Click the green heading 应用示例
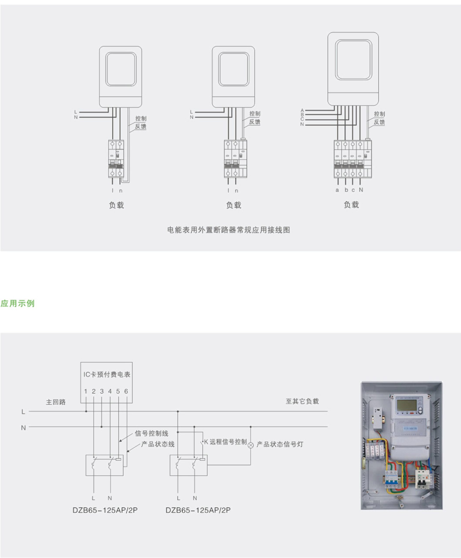[x=17, y=304]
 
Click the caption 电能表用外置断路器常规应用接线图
[x=228, y=230]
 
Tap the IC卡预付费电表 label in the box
[x=107, y=374]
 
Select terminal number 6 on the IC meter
[x=126, y=391]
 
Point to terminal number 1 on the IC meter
[x=86, y=391]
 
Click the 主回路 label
[x=56, y=402]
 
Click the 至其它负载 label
[x=302, y=401]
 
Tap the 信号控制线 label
[x=151, y=433]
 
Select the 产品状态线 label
[x=157, y=444]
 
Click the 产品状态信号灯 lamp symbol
[x=251, y=445]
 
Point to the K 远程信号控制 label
[x=225, y=442]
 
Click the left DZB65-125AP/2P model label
[x=105, y=510]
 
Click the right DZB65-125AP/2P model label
[x=198, y=510]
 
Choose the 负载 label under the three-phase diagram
[x=351, y=205]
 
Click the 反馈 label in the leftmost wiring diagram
[x=140, y=126]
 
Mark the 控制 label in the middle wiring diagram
[x=254, y=114]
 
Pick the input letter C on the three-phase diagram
[x=302, y=119]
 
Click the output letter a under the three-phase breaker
[x=337, y=190]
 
